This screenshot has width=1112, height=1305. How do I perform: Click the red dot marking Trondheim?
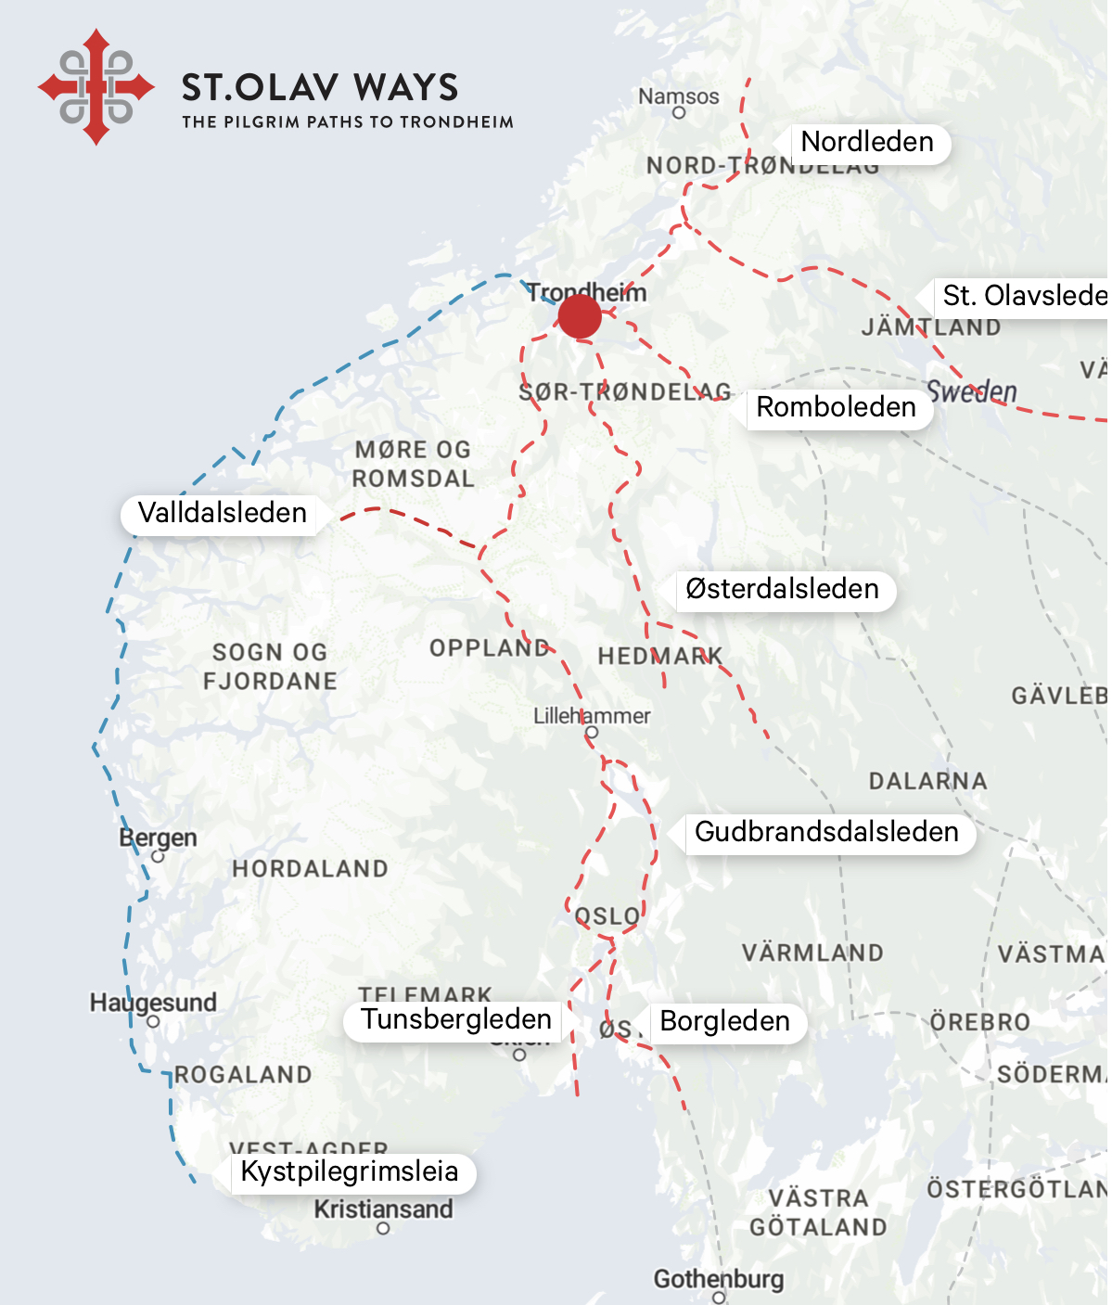point(580,317)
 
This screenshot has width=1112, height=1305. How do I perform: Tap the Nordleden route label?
point(867,143)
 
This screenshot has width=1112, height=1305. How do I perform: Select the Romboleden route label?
point(836,407)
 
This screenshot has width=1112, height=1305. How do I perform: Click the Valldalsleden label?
point(222,513)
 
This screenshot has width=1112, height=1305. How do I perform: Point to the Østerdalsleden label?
point(782,589)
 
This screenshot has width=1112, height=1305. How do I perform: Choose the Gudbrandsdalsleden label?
point(826,832)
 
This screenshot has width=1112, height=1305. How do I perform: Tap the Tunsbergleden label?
point(456,1019)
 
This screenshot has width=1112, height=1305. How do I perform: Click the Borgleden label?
point(724,1021)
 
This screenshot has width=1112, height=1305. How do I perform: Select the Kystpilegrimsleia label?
point(350,1171)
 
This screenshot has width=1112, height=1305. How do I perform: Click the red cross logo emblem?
point(96,87)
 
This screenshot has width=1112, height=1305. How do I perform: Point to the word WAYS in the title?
point(406,88)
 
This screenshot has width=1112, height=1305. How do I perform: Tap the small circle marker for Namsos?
point(679,113)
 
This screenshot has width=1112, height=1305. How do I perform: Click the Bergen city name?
point(158,838)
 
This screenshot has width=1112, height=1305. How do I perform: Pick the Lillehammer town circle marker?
point(592,733)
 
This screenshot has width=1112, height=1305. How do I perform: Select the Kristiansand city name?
point(383,1209)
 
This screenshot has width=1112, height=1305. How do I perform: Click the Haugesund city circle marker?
point(153,1022)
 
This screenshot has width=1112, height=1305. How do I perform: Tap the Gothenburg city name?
point(719,1279)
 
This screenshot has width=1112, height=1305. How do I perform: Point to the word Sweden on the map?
point(972,391)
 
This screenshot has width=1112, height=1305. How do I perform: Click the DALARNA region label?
point(927,781)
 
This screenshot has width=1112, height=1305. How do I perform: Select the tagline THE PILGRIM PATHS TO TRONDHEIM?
point(348,122)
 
